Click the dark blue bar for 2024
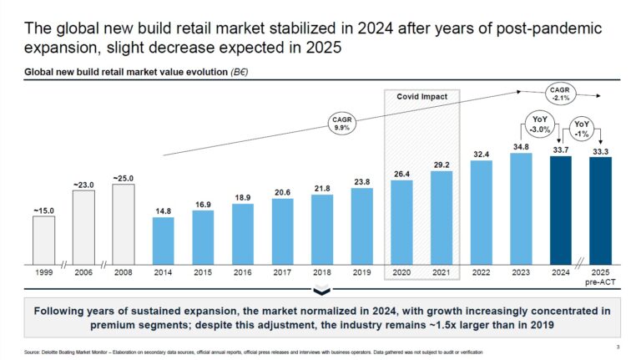click(561, 210)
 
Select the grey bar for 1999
click(43, 240)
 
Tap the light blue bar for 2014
click(163, 241)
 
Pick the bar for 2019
click(361, 226)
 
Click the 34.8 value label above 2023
click(521, 146)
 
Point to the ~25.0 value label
click(123, 179)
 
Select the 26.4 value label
click(401, 174)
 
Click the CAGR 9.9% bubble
click(341, 123)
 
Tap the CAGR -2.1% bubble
click(560, 94)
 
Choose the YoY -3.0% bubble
click(540, 124)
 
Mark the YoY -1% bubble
click(581, 129)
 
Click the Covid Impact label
click(421, 97)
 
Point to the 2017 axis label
click(282, 272)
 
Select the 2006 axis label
click(83, 272)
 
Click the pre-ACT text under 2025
click(600, 281)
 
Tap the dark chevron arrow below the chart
click(321, 290)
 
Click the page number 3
click(618, 347)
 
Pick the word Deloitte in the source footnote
click(50, 352)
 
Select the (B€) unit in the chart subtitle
click(240, 72)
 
